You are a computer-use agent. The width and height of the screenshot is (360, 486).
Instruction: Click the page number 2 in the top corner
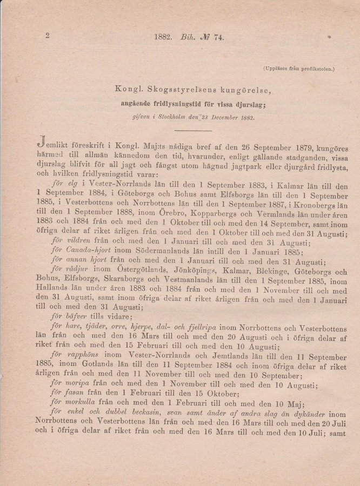click(48, 36)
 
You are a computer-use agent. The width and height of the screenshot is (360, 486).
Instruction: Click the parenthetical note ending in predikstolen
click(299, 69)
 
